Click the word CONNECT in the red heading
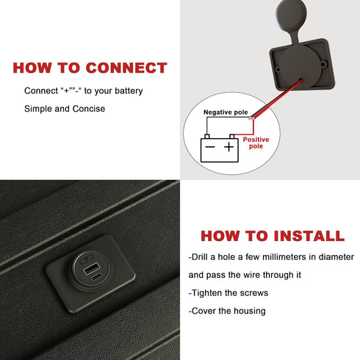tap(126, 68)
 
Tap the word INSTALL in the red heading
tap(309, 236)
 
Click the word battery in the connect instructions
tap(129, 91)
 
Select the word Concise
tap(89, 109)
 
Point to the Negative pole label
tap(226, 112)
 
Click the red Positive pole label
tap(256, 143)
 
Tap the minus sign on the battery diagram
tap(210, 147)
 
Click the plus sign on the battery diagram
tap(228, 147)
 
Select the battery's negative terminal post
tap(207, 137)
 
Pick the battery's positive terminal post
tap(232, 137)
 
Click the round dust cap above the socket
tap(291, 12)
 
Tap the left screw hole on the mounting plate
tap(278, 70)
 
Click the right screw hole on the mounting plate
tap(323, 65)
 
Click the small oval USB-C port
tap(97, 277)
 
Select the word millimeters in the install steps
tap(284, 257)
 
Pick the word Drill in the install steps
tap(199, 257)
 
